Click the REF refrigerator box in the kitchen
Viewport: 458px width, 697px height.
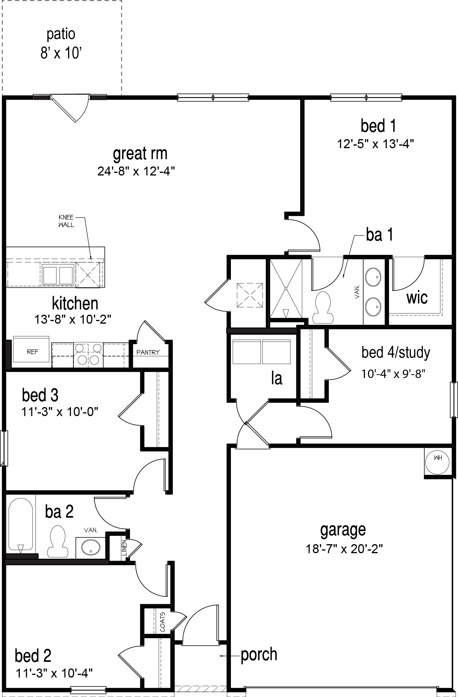pos(31,352)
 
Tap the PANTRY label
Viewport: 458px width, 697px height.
pos(148,352)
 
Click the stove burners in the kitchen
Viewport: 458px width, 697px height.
pos(88,355)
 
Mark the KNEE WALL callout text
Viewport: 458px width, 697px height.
pos(66,221)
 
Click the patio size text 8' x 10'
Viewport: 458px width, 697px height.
pos(61,53)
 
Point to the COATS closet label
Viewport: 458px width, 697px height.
pos(163,622)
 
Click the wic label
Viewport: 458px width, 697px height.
pos(417,298)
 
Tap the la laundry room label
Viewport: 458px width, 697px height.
pos(277,378)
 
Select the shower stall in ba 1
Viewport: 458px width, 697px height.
pos(286,289)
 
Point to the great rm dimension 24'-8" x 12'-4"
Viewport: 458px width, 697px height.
pos(136,171)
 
